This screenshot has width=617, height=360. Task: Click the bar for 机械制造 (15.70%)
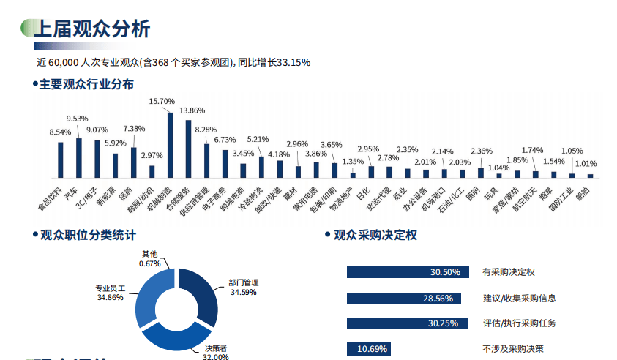pos(171,145)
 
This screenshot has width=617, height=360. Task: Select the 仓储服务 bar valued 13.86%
pos(189,149)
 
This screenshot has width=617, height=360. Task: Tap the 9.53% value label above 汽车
pos(78,118)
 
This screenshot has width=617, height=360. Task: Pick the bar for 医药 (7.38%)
pos(134,162)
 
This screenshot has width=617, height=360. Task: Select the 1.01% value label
pos(586,163)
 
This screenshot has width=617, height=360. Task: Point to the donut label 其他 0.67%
pos(149,258)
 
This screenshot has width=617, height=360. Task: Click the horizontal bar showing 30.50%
pos(405,272)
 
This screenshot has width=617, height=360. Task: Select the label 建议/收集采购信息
pos(519,298)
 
